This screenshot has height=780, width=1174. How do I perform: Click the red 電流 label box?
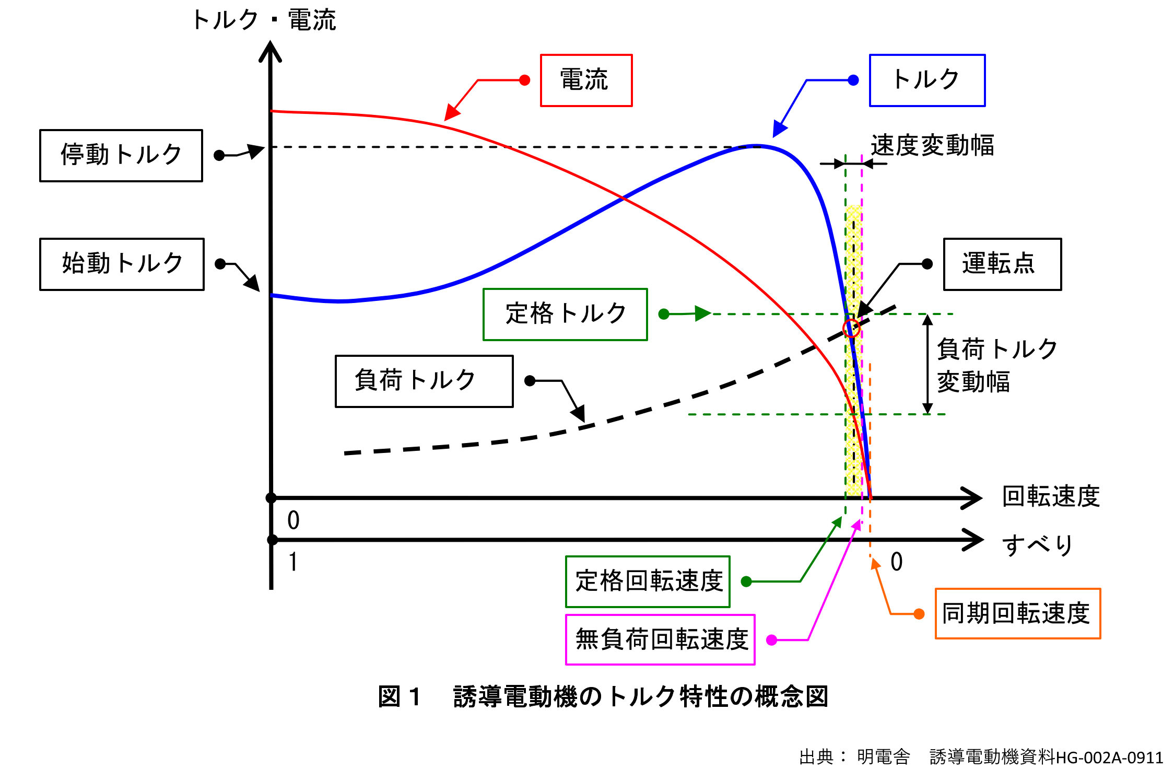[586, 80]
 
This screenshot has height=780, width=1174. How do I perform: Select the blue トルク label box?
[927, 80]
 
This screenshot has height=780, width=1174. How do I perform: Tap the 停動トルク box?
[121, 156]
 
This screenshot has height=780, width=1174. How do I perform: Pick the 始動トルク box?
[122, 264]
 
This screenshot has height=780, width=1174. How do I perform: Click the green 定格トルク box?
[565, 315]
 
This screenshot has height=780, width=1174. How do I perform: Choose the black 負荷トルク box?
[424, 381]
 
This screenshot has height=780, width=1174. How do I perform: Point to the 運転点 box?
[1002, 264]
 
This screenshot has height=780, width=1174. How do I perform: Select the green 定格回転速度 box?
[648, 581]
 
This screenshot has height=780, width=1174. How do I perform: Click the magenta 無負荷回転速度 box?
[660, 639]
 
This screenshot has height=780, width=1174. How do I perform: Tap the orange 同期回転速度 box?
[1017, 613]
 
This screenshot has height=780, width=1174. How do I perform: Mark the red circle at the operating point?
[851, 329]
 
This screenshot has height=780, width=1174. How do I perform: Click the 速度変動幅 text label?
[932, 145]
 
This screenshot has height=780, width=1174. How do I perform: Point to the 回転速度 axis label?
[1051, 496]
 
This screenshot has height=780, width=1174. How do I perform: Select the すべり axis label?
[1037, 544]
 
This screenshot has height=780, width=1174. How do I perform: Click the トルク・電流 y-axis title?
[264, 20]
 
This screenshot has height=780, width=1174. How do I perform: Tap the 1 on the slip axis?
[293, 562]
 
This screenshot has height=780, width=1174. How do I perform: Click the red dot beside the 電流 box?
[525, 80]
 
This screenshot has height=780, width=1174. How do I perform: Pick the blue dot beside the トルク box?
[853, 80]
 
